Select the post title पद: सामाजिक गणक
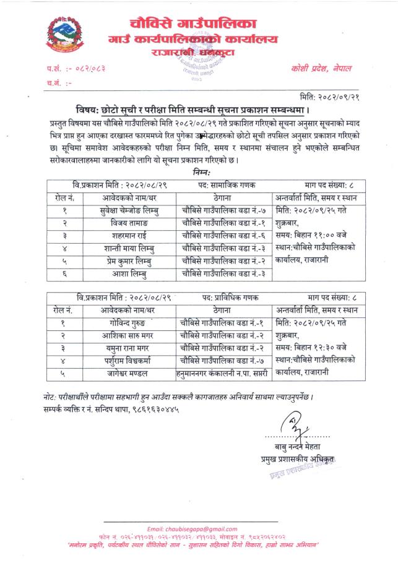pos(225,184)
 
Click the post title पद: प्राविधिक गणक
pos(227,297)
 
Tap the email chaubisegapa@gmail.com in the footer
pos(199,528)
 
